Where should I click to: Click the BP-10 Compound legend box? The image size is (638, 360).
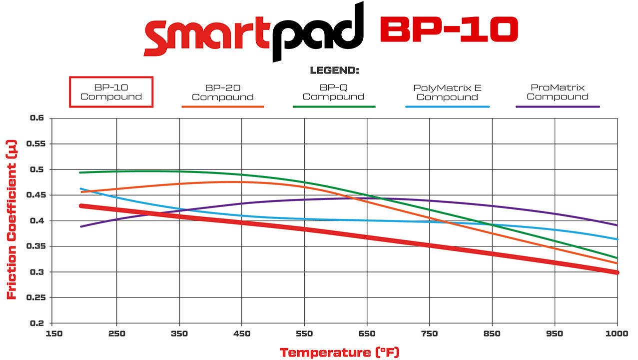pos(111,92)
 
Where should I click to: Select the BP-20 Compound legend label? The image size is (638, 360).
pos(223,92)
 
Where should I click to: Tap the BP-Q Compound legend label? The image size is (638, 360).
pos(334,92)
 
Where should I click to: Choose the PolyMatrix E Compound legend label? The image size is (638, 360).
pos(447,92)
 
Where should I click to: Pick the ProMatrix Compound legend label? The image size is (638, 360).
pos(558,92)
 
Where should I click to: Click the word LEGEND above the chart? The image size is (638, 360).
pos(334,70)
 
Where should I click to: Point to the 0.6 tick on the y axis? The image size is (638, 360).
pos(37,118)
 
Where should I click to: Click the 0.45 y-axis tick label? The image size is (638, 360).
pos(35,195)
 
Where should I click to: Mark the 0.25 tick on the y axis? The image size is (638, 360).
pos(35,297)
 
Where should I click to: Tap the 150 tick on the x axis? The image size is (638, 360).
pos(54,333)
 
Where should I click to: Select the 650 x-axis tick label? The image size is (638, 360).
pos(367,333)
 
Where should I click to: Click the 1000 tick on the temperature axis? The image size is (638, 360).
pos(618,333)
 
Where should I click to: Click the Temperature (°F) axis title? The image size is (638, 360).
pos(339,352)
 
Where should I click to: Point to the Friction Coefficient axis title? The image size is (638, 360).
pos(12,220)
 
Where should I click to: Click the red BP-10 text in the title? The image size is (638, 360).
pos(448,30)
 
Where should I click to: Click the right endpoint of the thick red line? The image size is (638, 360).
pos(617,272)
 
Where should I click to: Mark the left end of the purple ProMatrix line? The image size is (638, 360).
pos(81,226)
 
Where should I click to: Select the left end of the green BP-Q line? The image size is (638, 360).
pos(81,172)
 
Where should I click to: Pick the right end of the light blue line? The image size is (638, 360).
pos(618,239)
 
